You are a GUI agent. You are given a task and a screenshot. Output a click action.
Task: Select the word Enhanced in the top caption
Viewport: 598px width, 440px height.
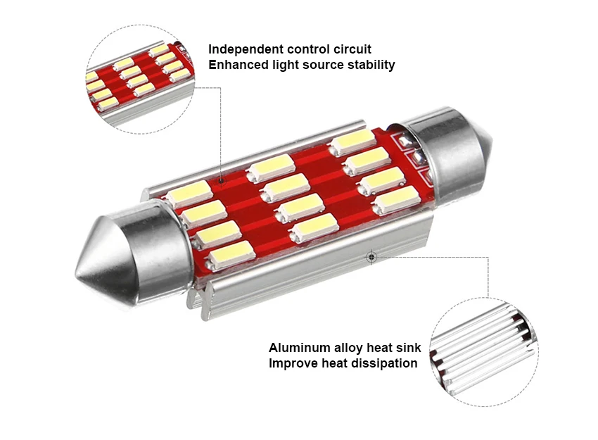[x=236, y=65]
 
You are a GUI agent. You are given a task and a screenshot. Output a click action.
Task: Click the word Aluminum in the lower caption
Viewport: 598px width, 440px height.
[x=298, y=348]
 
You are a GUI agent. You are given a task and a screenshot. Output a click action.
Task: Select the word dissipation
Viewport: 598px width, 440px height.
[x=385, y=363]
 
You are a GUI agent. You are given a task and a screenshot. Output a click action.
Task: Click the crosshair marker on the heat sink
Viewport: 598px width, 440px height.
[x=371, y=258]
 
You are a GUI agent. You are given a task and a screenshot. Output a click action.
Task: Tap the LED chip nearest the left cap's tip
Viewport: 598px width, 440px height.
[x=231, y=255]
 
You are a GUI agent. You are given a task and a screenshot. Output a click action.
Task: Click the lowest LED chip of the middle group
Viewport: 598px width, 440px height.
[x=312, y=229]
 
